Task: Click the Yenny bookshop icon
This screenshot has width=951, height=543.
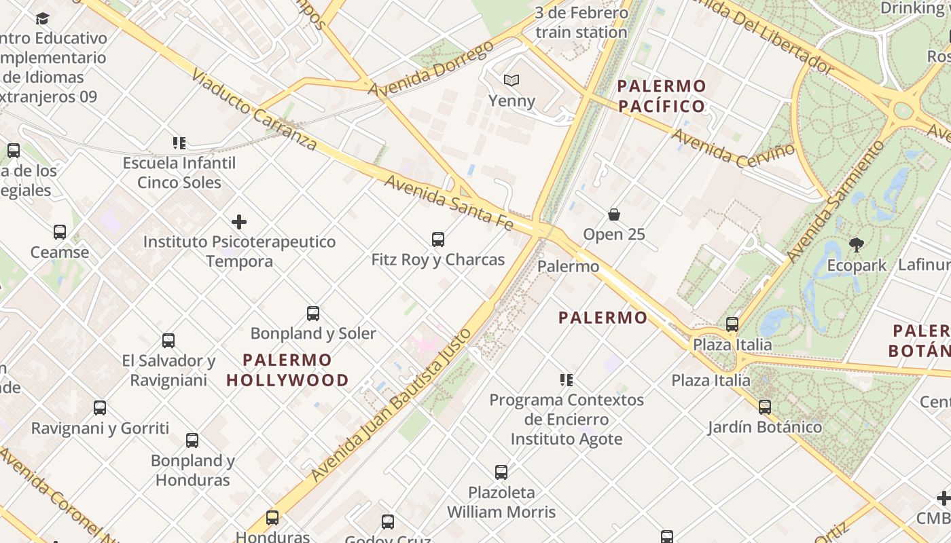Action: tap(512, 81)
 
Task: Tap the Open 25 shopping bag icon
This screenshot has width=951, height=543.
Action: tap(614, 214)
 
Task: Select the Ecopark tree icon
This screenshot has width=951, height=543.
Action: tap(857, 244)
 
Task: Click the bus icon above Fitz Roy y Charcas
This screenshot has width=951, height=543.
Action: tap(438, 239)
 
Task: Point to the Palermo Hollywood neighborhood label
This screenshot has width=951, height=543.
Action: tap(287, 370)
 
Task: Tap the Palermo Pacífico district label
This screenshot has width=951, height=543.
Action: tap(662, 96)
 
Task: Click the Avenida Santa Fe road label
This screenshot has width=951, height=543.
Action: tap(448, 202)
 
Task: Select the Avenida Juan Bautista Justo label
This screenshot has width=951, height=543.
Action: tap(390, 405)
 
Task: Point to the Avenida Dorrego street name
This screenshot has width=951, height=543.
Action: tap(431, 69)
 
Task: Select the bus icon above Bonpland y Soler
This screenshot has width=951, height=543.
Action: tap(313, 314)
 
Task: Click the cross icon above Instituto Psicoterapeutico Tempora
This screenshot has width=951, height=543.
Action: tap(239, 222)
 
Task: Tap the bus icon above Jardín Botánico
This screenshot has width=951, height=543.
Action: tap(765, 407)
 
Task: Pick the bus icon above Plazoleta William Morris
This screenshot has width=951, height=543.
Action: tap(501, 472)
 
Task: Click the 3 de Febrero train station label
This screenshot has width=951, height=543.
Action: tap(581, 22)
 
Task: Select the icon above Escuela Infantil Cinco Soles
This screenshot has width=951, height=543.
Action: tap(179, 143)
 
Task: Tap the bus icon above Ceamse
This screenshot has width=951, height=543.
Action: tap(60, 232)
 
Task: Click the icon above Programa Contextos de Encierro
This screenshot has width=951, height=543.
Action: tap(567, 380)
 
